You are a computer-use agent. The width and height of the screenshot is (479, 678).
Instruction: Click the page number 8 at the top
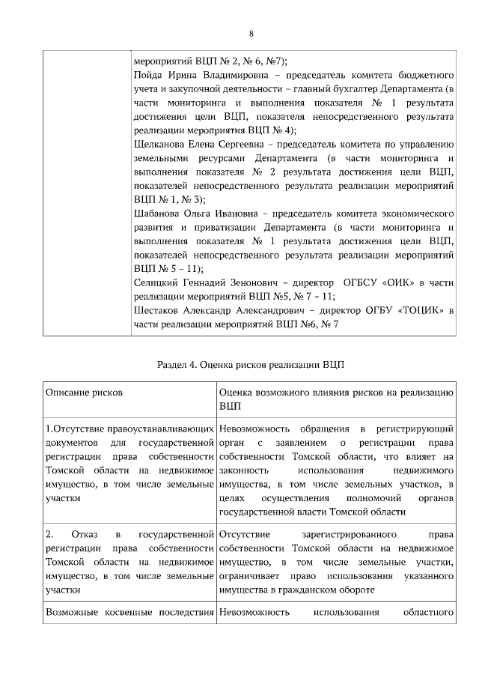point(251,34)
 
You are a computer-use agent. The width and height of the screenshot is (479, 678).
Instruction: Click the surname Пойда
point(147,77)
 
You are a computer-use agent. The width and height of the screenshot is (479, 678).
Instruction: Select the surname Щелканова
point(164,143)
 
